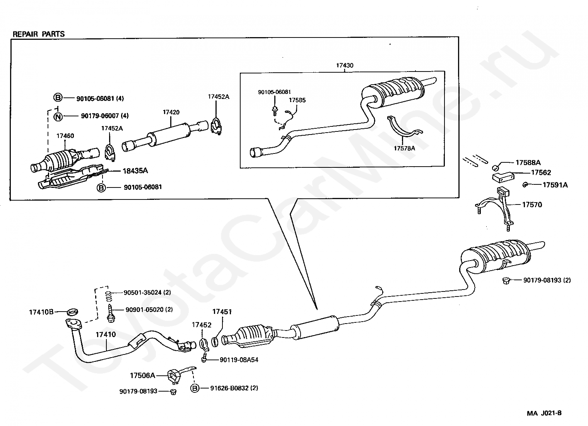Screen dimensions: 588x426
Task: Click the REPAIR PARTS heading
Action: [x=39, y=34]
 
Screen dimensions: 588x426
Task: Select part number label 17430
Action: [x=345, y=65]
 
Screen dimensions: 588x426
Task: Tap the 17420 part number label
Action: [x=171, y=112]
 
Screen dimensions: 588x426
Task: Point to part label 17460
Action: [x=65, y=136]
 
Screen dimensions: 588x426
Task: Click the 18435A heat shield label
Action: [x=135, y=171]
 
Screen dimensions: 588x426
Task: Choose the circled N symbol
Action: [x=58, y=117]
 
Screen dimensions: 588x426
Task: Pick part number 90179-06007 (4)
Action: [x=105, y=116]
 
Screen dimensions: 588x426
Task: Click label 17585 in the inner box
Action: [x=297, y=100]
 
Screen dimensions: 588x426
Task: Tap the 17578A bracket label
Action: [x=404, y=148]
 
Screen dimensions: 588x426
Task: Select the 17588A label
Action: [x=528, y=163]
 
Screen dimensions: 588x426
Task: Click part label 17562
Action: [x=541, y=172]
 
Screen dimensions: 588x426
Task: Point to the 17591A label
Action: [x=555, y=185]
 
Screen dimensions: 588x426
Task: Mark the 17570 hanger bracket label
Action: [x=532, y=204]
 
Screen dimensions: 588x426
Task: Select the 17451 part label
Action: [x=222, y=312]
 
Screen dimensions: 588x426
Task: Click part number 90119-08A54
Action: [x=239, y=360]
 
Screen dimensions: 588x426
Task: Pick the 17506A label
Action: [x=142, y=376]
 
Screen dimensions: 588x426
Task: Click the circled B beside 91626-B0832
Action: [x=195, y=388]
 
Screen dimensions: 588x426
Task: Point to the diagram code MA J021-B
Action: [x=544, y=413]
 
